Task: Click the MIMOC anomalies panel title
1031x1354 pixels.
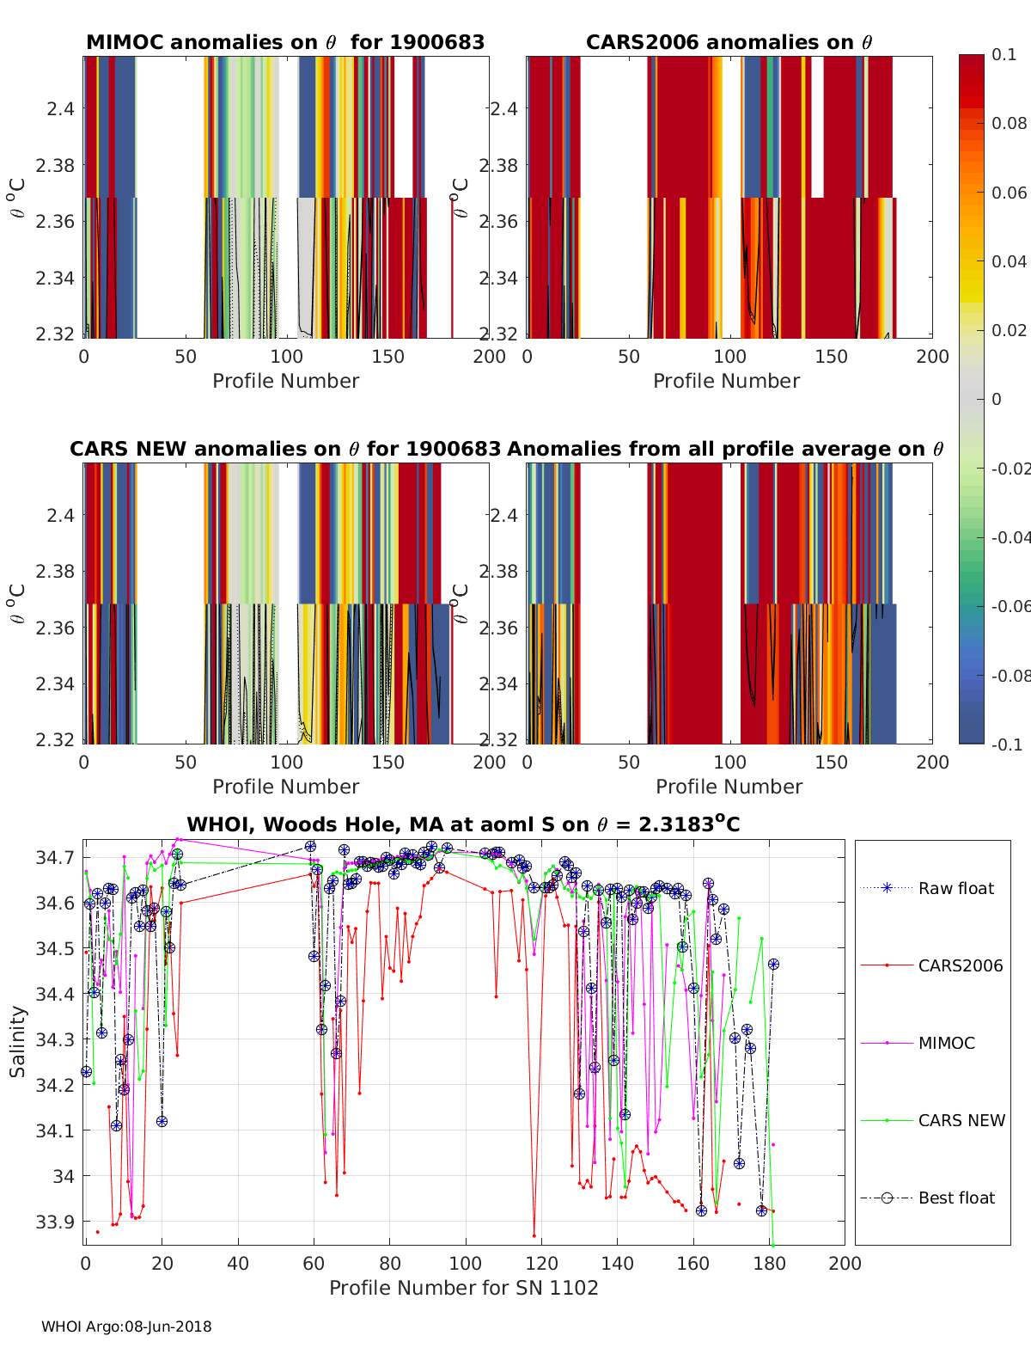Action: [285, 43]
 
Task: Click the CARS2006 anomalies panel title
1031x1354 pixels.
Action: [729, 43]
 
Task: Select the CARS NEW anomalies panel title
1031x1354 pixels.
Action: [285, 450]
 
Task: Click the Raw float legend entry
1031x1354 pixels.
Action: [955, 889]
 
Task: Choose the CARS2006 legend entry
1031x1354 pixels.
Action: [960, 966]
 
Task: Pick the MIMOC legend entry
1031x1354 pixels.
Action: [946, 1044]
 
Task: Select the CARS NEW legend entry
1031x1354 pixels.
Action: [961, 1121]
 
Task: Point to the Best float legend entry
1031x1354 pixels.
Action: [956, 1198]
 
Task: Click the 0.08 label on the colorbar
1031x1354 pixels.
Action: [1009, 124]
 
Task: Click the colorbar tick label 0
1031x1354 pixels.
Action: [997, 400]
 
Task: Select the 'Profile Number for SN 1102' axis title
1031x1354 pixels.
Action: [464, 1288]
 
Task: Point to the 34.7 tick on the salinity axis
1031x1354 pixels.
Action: [56, 858]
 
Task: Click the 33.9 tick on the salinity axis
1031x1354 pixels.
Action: [56, 1222]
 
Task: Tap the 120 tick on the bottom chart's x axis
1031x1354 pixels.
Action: [541, 1264]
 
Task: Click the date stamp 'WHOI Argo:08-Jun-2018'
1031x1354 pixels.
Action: [126, 1327]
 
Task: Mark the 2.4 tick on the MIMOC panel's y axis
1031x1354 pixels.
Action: [62, 109]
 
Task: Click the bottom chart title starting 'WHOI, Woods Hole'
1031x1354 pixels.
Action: [463, 825]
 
